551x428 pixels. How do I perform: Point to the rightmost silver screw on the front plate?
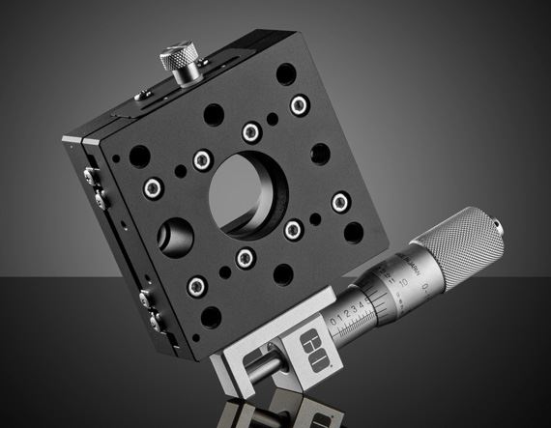339,202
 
